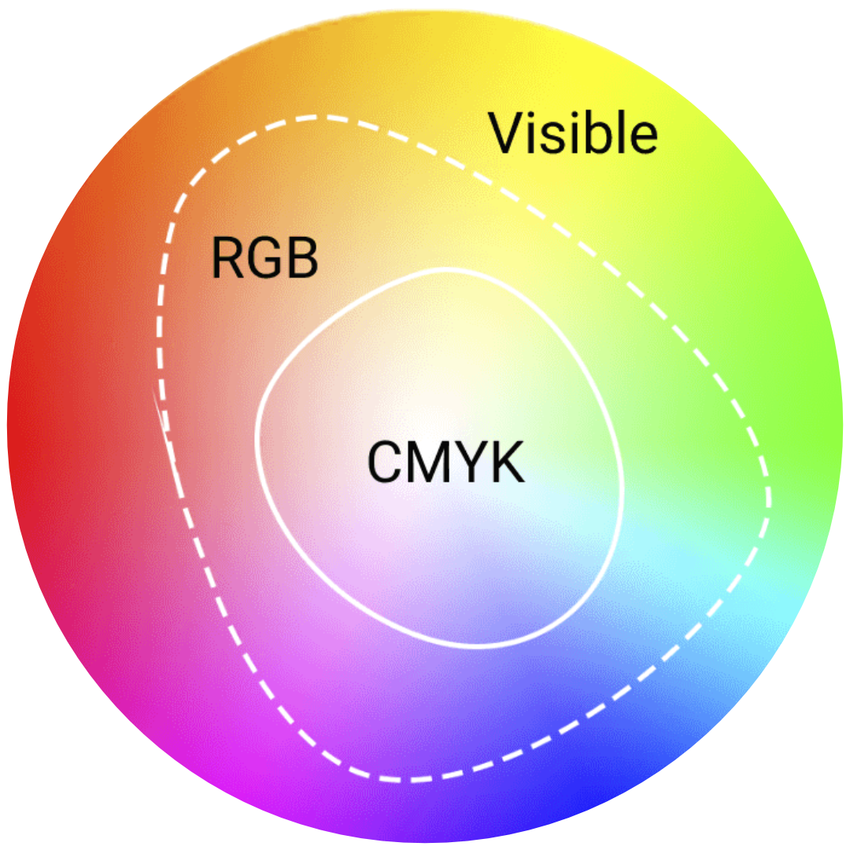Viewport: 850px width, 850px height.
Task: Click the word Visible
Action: (x=574, y=133)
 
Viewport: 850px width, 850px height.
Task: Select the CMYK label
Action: (x=445, y=462)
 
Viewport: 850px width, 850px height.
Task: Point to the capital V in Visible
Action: (x=508, y=134)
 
